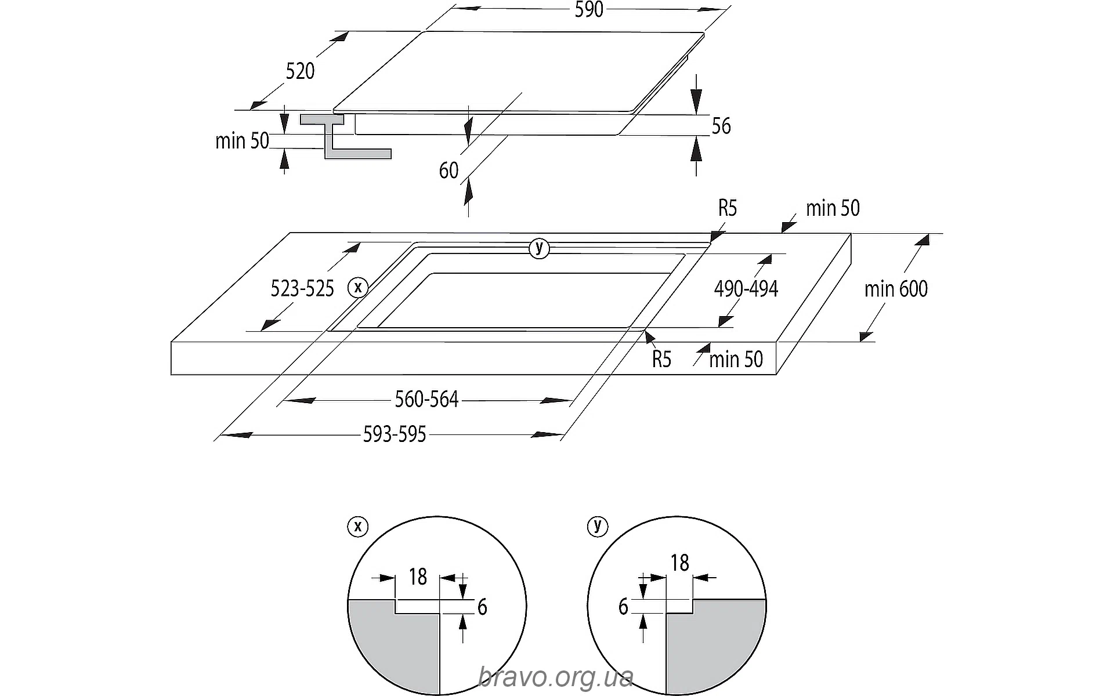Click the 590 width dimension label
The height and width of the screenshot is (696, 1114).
tap(589, 10)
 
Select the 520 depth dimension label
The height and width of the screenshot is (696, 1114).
tap(300, 71)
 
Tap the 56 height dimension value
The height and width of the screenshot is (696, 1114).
tap(721, 126)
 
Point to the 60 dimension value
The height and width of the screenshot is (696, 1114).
tap(449, 171)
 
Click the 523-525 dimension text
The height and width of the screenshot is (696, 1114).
tap(302, 288)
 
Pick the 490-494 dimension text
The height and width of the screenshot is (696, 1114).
tap(746, 288)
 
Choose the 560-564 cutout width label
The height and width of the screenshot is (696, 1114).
tap(426, 400)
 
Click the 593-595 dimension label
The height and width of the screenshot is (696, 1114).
tap(395, 434)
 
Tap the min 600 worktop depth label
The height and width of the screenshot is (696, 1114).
tap(896, 288)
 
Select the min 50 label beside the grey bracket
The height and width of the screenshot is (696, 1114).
tap(242, 140)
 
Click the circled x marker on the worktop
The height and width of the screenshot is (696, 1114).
tap(358, 287)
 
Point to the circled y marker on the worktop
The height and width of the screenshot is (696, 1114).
tap(539, 248)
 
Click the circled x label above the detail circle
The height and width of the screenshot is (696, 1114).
tap(357, 526)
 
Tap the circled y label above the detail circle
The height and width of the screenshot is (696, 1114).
tap(597, 526)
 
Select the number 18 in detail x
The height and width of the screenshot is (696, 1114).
tap(418, 577)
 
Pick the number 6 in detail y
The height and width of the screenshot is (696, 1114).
tap(623, 607)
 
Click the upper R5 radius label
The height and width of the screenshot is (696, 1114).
tap(728, 208)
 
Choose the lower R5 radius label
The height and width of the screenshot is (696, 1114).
tap(661, 360)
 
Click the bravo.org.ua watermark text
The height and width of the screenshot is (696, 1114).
tap(555, 676)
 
